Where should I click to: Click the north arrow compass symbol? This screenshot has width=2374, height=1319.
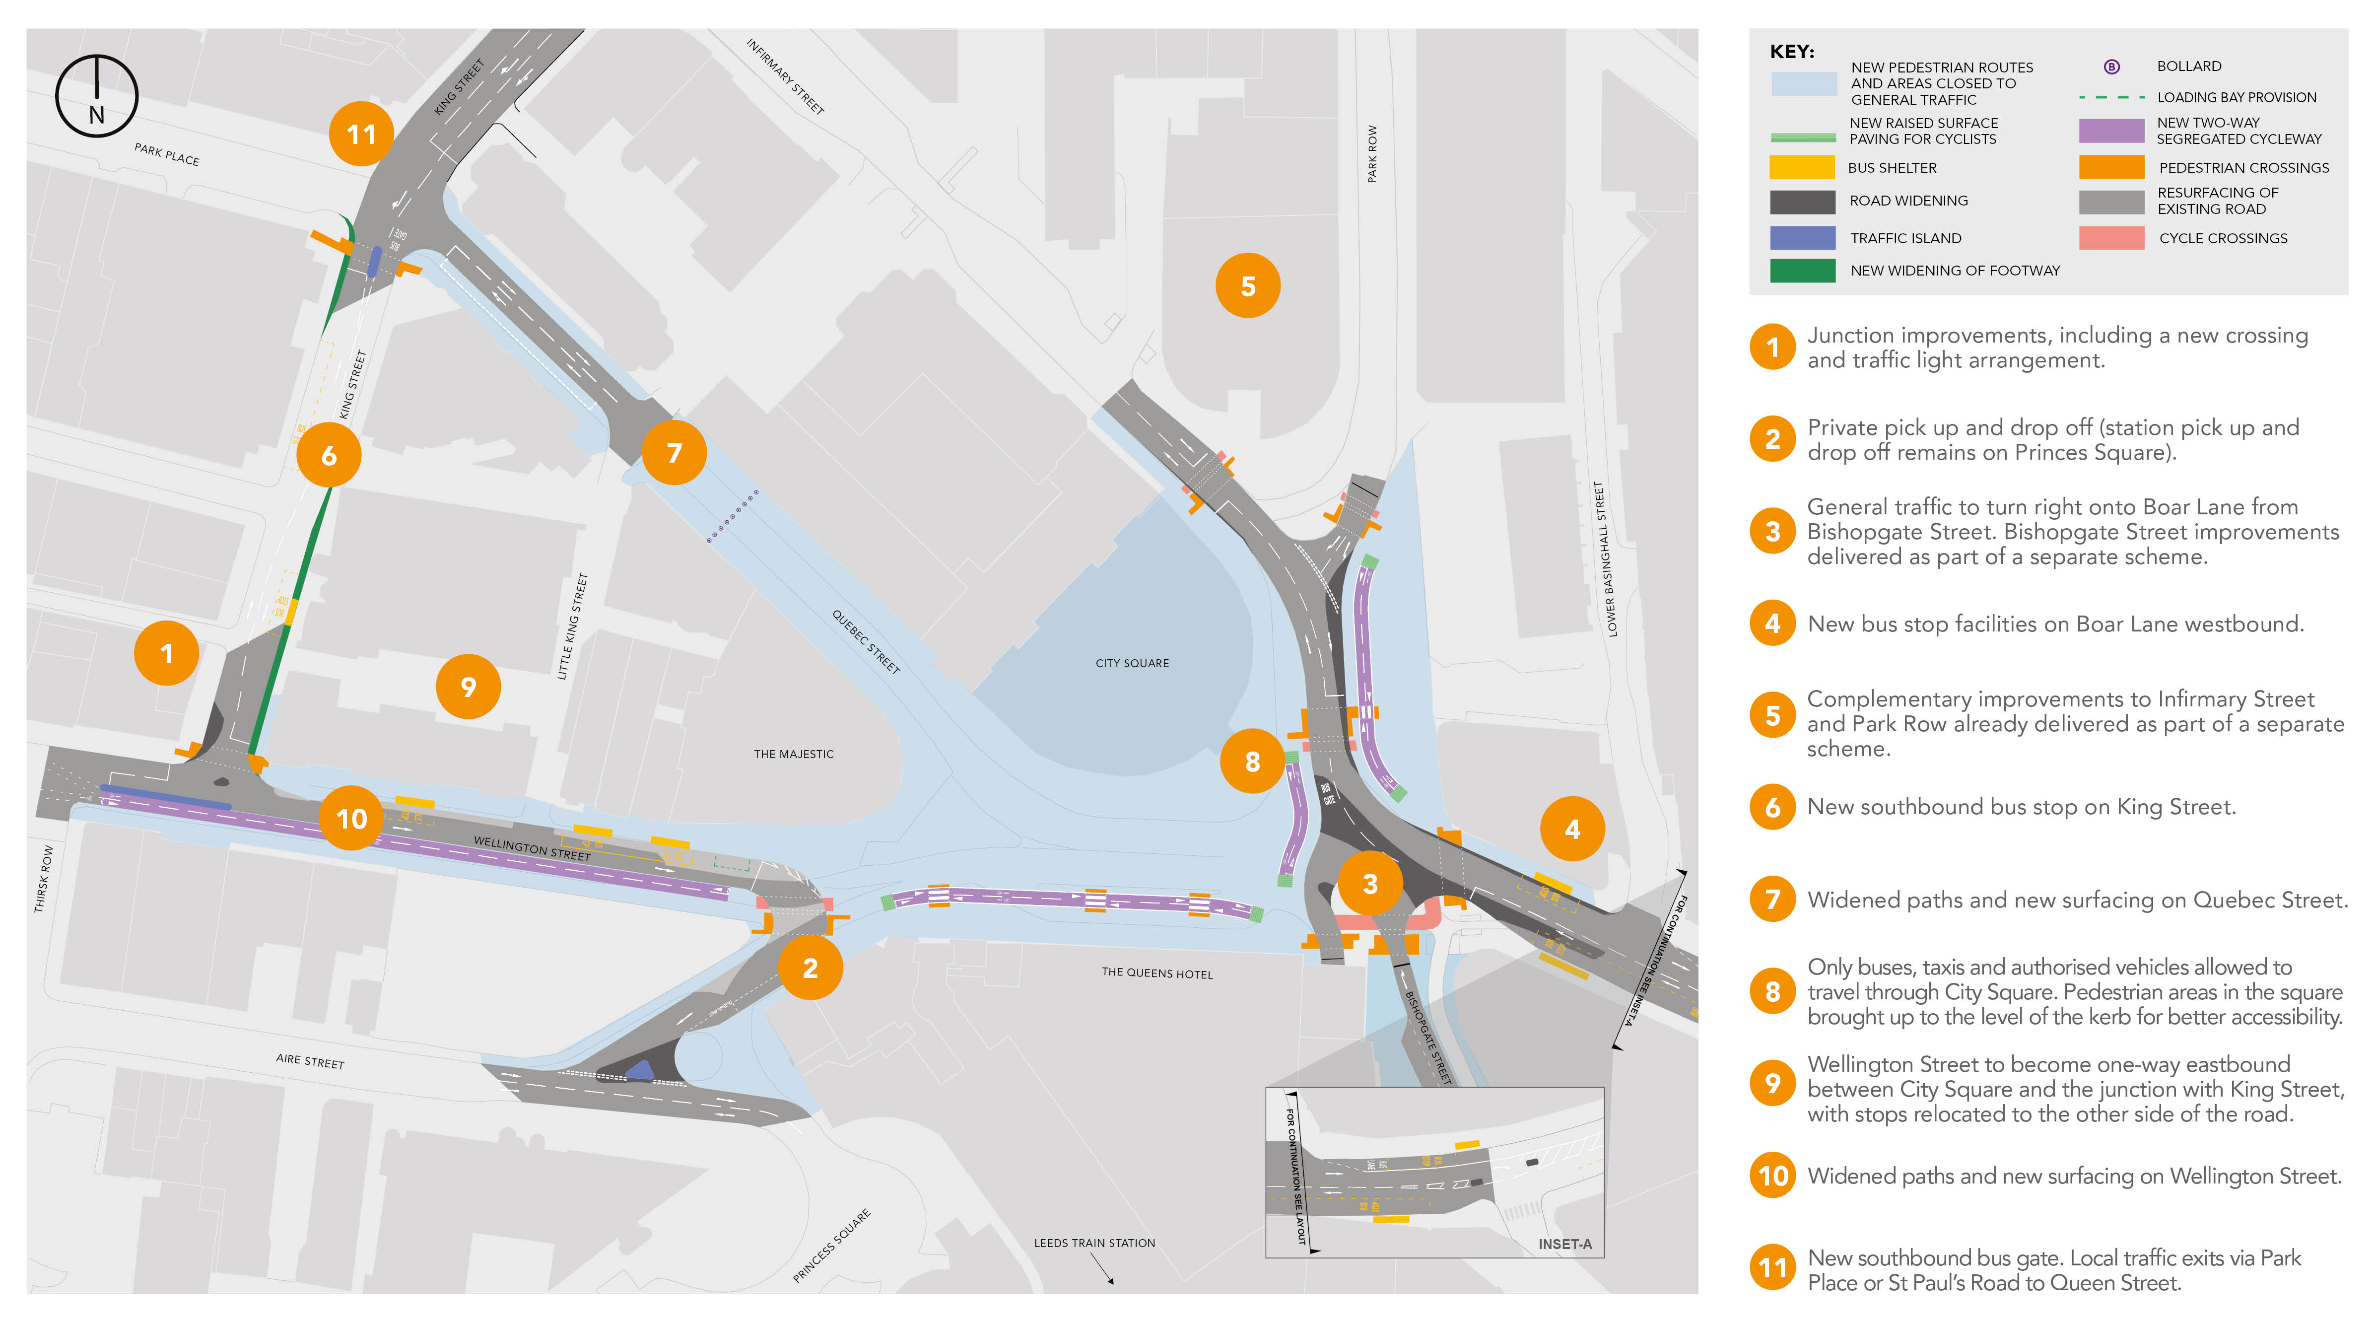[x=97, y=96]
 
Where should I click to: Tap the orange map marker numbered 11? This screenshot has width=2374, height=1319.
[x=361, y=135]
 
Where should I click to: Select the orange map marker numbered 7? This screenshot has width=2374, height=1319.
[x=674, y=453]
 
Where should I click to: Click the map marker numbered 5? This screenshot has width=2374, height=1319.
[x=1248, y=286]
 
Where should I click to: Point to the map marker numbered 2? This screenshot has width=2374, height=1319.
[x=810, y=968]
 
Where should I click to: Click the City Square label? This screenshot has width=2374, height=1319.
[x=1132, y=663]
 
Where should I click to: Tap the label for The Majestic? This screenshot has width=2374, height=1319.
[x=794, y=754]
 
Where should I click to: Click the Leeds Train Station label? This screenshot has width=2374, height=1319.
[x=1094, y=1243]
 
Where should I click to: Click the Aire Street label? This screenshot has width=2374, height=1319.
[x=310, y=1061]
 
